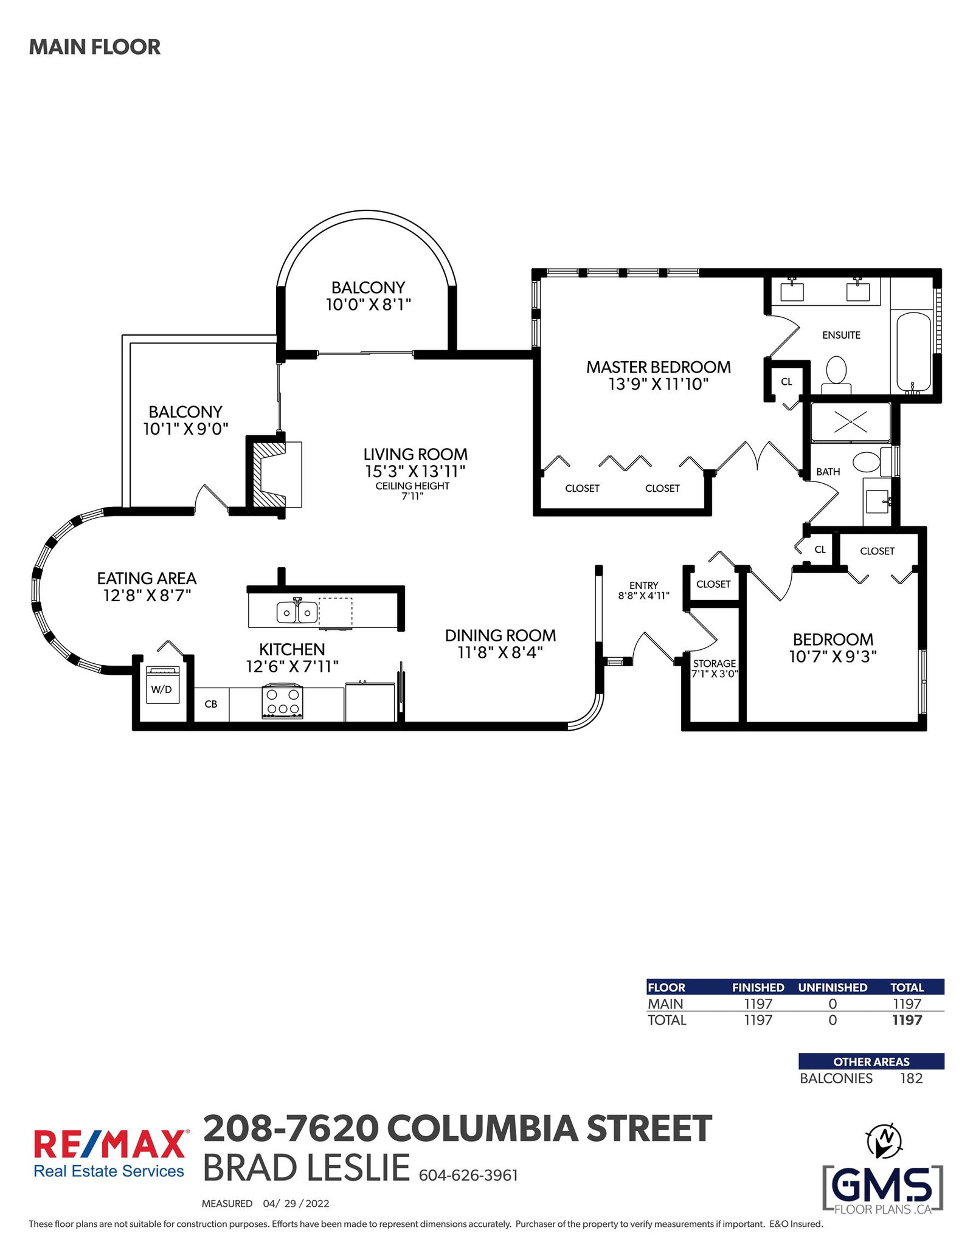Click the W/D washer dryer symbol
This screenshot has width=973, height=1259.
[162, 685]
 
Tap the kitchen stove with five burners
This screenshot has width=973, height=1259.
[282, 701]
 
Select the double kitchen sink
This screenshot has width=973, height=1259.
[297, 612]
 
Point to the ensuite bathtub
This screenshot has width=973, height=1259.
[913, 352]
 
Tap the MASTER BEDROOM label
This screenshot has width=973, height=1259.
[659, 367]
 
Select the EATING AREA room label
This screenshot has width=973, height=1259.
[147, 578]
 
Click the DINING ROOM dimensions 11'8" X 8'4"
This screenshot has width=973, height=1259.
[500, 652]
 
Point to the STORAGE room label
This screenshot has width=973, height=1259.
[715, 663]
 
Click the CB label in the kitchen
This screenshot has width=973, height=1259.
[211, 704]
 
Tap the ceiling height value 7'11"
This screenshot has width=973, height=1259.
[412, 496]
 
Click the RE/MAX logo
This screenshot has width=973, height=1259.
[109, 1154]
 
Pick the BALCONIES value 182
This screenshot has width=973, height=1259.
[912, 1078]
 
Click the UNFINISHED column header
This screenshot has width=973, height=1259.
[833, 987]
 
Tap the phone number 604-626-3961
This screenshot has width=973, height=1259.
[468, 1176]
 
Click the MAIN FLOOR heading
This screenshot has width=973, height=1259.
[95, 47]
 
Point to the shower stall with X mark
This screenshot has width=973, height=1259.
[850, 422]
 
